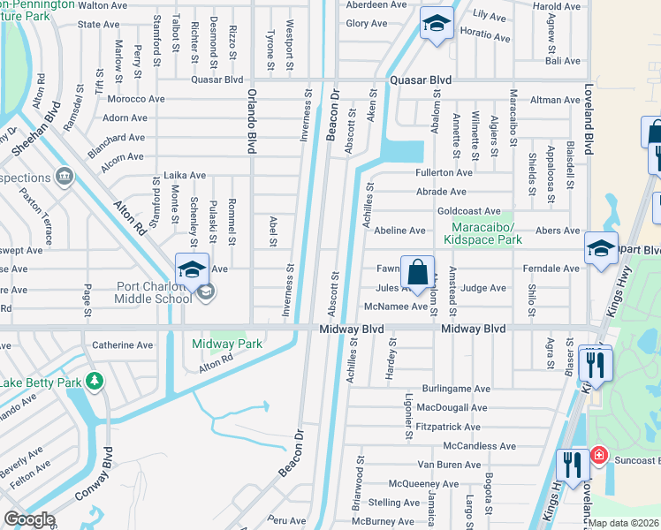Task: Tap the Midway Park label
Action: coord(227,344)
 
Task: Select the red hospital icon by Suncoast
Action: coord(599,455)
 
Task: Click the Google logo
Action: coord(28,519)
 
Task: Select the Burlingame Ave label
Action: coord(454,389)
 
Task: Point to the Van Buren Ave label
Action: coord(449,465)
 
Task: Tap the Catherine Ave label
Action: coord(123,345)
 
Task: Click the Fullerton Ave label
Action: coord(445,172)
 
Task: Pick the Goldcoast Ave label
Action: coord(468,211)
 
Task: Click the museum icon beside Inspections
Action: coord(64,178)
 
